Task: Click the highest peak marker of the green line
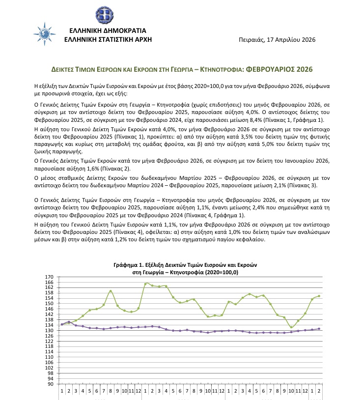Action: pos(146,284)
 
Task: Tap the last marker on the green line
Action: pos(319,296)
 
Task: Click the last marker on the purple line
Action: pos(319,329)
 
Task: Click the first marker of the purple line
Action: pos(62,324)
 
